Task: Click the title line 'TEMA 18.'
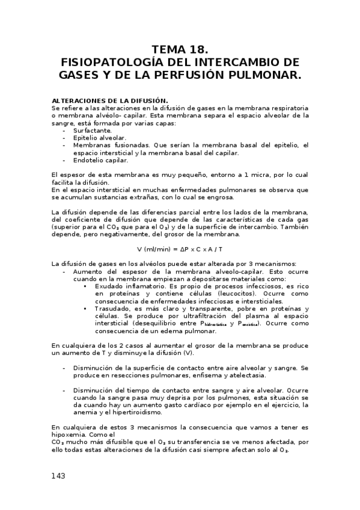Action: [180, 49]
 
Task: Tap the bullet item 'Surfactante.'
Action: [92, 130]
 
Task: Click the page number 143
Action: [58, 475]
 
